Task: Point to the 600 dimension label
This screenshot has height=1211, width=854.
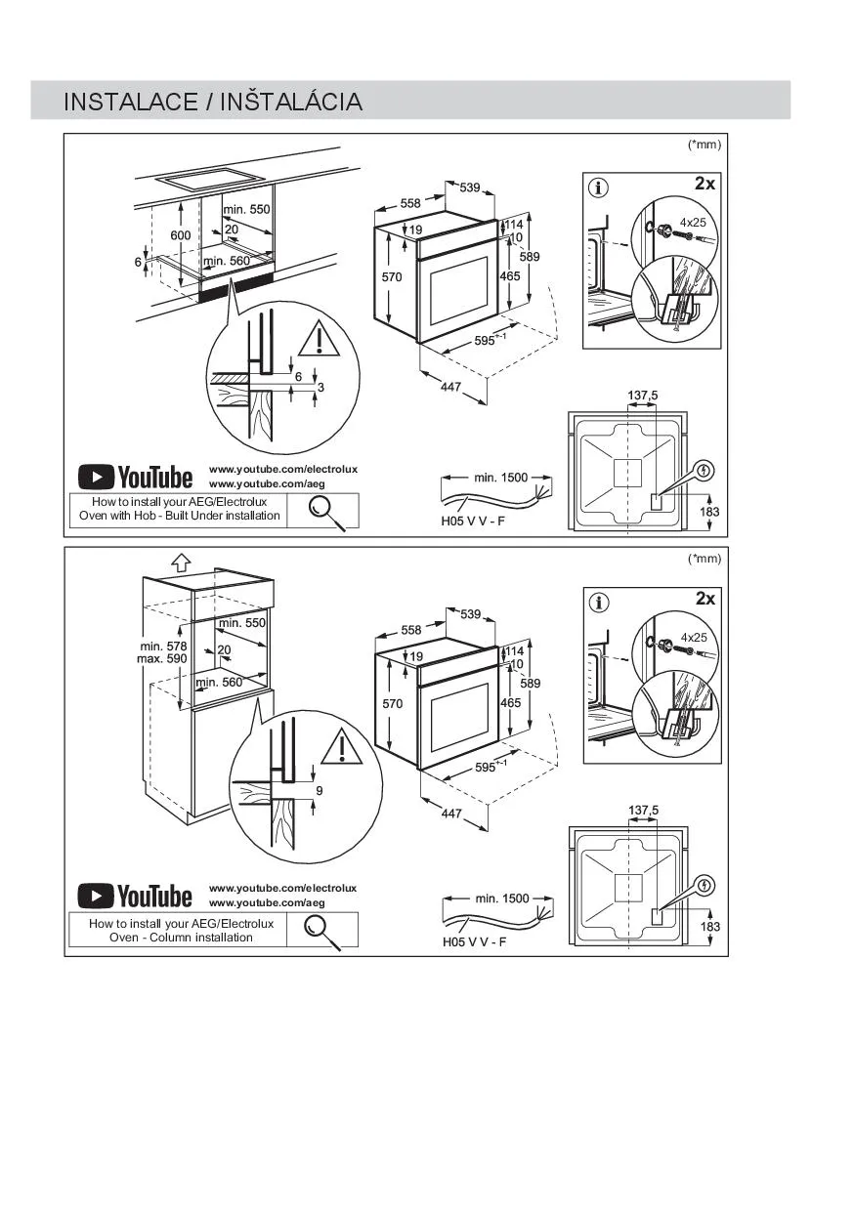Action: coord(181,236)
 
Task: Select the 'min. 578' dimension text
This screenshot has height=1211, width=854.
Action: coord(163,646)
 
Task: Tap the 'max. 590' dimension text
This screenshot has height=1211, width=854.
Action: coord(162,659)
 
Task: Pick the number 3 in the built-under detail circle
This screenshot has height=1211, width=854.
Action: coord(320,389)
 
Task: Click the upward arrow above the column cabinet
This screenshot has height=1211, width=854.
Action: coord(180,562)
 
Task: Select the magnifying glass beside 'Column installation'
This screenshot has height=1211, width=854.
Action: coord(321,931)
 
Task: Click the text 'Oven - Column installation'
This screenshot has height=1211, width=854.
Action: coord(181,938)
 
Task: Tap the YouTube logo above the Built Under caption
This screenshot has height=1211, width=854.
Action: coord(136,477)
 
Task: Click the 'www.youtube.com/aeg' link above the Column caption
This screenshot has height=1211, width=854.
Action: coord(267,903)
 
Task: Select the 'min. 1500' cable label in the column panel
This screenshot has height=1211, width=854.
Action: coord(501,898)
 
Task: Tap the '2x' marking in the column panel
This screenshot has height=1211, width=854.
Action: coord(705,599)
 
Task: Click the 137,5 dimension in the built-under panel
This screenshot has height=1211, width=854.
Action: coord(642,396)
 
